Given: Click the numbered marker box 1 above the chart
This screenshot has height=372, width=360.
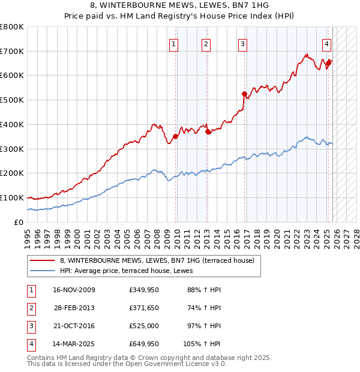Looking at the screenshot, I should coord(173,43).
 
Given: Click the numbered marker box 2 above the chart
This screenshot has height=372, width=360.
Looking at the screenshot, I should coord(205,43).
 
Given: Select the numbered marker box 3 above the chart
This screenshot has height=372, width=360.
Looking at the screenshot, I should coord(242,43).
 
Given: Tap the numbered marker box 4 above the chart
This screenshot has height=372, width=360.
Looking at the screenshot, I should coord(326,43).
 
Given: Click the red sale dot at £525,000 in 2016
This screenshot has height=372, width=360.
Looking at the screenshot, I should coord(244,94).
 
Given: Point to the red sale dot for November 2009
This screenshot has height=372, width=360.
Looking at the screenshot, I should coord(176,136).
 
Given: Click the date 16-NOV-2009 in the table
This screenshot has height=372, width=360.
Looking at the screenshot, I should coord(74,290).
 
